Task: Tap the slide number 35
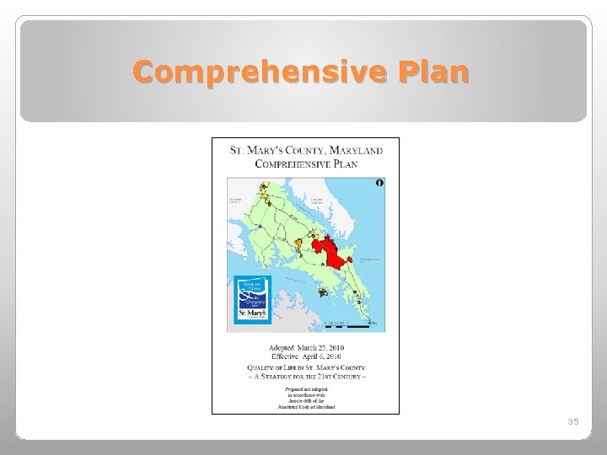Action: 572,421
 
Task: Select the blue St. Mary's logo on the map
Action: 252,300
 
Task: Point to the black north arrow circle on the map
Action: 379,183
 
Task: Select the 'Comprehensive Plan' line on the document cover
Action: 305,163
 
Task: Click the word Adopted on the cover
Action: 282,348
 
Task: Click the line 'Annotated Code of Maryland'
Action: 305,407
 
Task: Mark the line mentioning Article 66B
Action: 305,400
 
